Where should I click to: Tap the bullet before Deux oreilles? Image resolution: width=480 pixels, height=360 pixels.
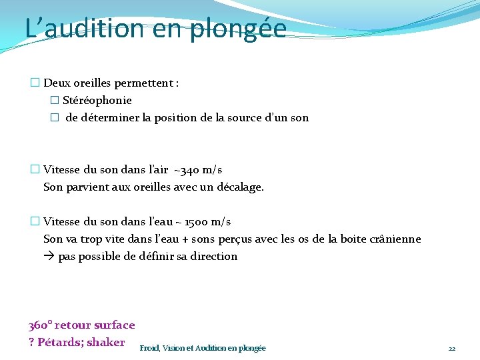[x=35, y=83]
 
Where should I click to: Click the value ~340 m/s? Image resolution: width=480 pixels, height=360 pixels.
[x=198, y=170]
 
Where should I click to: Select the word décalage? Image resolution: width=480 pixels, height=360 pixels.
[x=239, y=187]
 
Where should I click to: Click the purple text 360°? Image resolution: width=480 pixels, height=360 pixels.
[x=39, y=325]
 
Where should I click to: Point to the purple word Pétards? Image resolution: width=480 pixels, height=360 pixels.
[x=60, y=343]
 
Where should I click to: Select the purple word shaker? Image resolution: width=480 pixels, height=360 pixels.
[x=107, y=343]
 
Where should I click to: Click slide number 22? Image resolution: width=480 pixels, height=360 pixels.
[x=451, y=349]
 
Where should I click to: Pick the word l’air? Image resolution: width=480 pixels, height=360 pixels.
[x=155, y=170]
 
